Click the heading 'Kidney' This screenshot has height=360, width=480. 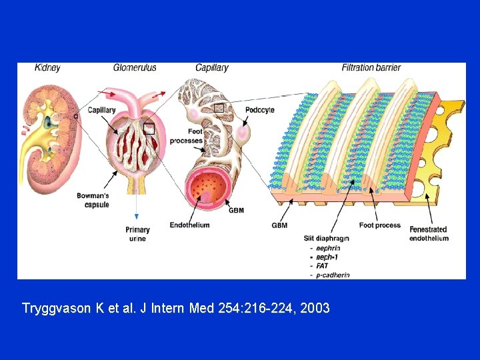47,67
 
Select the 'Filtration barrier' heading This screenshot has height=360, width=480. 371,67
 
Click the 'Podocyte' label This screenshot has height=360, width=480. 260,110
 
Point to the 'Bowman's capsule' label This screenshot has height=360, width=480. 93,201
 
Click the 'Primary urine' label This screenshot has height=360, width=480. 137,234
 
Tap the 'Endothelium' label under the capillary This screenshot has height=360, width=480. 190,225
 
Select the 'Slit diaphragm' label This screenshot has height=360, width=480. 327,238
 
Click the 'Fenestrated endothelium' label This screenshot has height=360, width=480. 429,234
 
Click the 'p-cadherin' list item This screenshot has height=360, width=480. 333,275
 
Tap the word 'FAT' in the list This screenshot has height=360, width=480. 323,265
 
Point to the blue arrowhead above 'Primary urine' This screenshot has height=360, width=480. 137,216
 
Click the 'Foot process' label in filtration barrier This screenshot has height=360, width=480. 379,225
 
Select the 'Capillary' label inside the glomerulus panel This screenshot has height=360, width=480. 101,110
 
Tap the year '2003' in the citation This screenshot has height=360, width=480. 315,309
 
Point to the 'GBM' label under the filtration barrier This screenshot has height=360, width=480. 279,225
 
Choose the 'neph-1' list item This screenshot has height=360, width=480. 327,257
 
